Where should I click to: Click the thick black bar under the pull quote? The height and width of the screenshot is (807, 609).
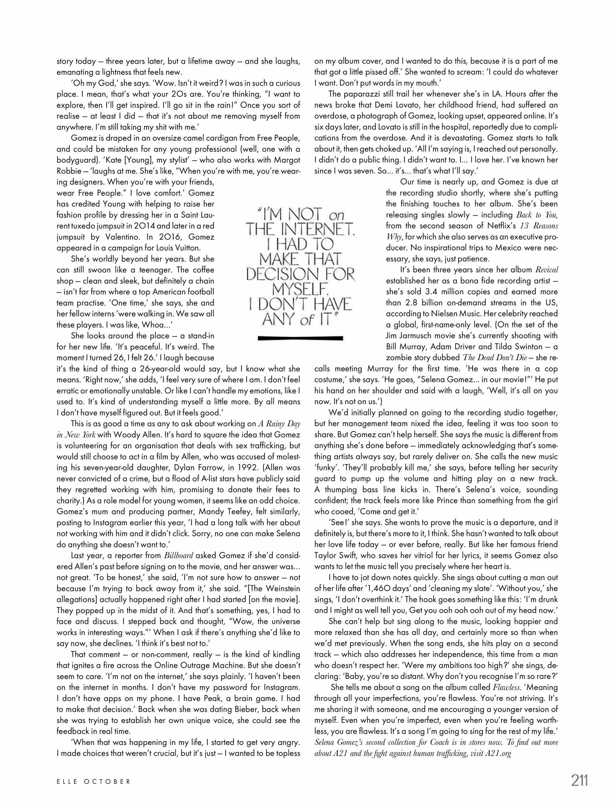click(x=300, y=338)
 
